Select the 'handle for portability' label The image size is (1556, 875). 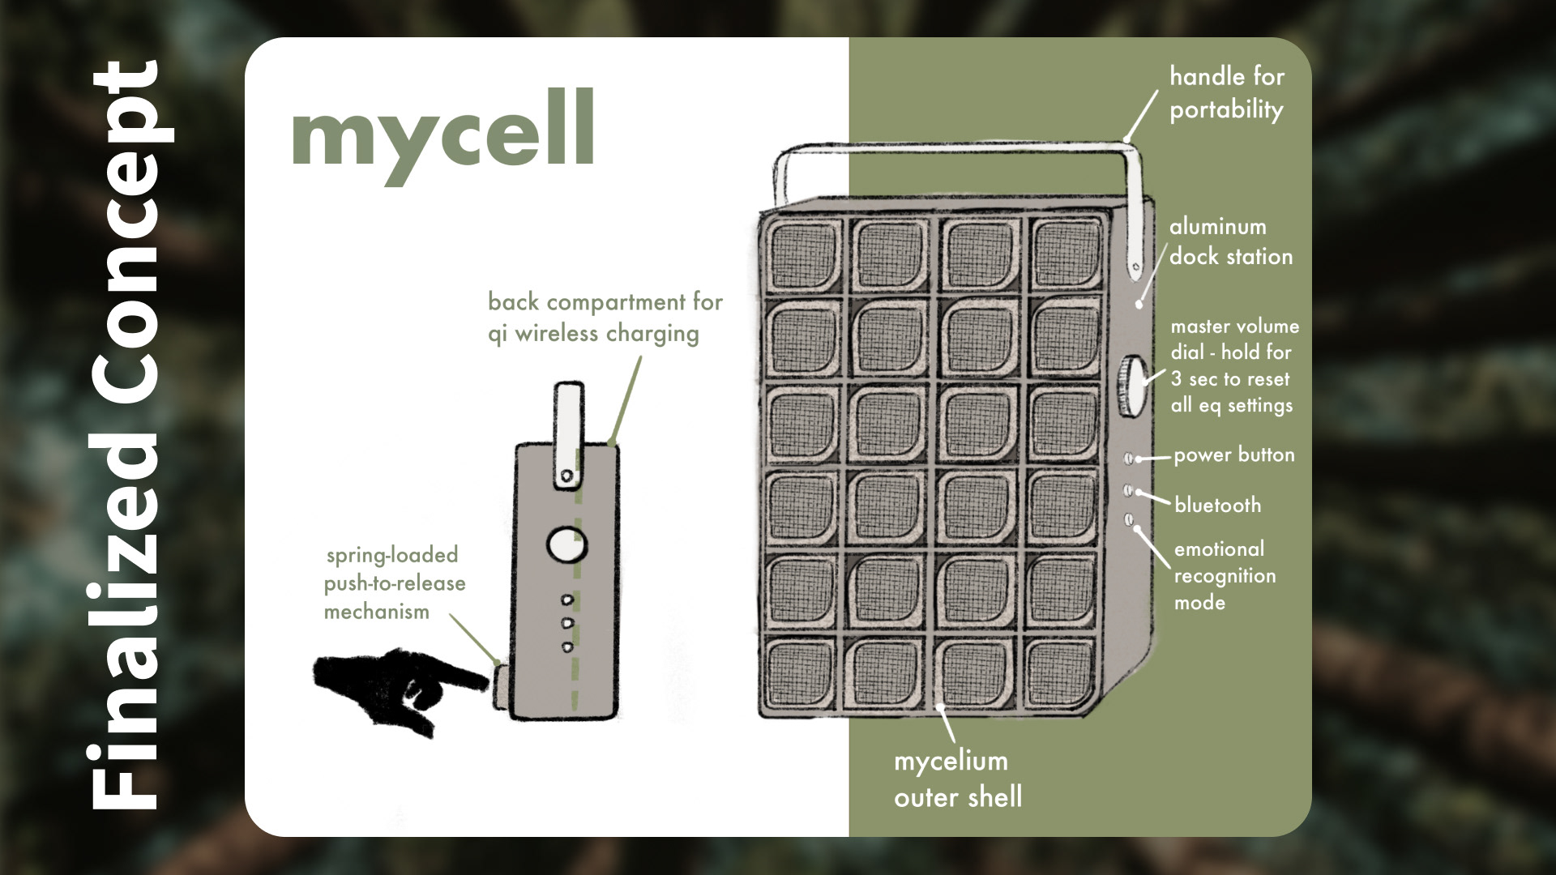coord(1226,93)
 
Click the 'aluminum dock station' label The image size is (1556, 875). coord(1230,241)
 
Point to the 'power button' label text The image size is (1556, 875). coord(1233,455)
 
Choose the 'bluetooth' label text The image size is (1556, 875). coord(1217,505)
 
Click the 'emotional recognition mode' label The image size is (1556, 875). coord(1224,575)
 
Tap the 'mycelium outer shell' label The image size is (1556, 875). coord(957,779)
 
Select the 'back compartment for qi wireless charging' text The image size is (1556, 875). coord(605,318)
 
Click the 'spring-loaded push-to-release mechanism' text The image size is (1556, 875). coord(395,583)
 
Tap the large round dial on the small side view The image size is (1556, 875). coord(567,544)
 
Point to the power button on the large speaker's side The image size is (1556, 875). coord(1130,459)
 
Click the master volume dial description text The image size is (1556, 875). coord(1233,366)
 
